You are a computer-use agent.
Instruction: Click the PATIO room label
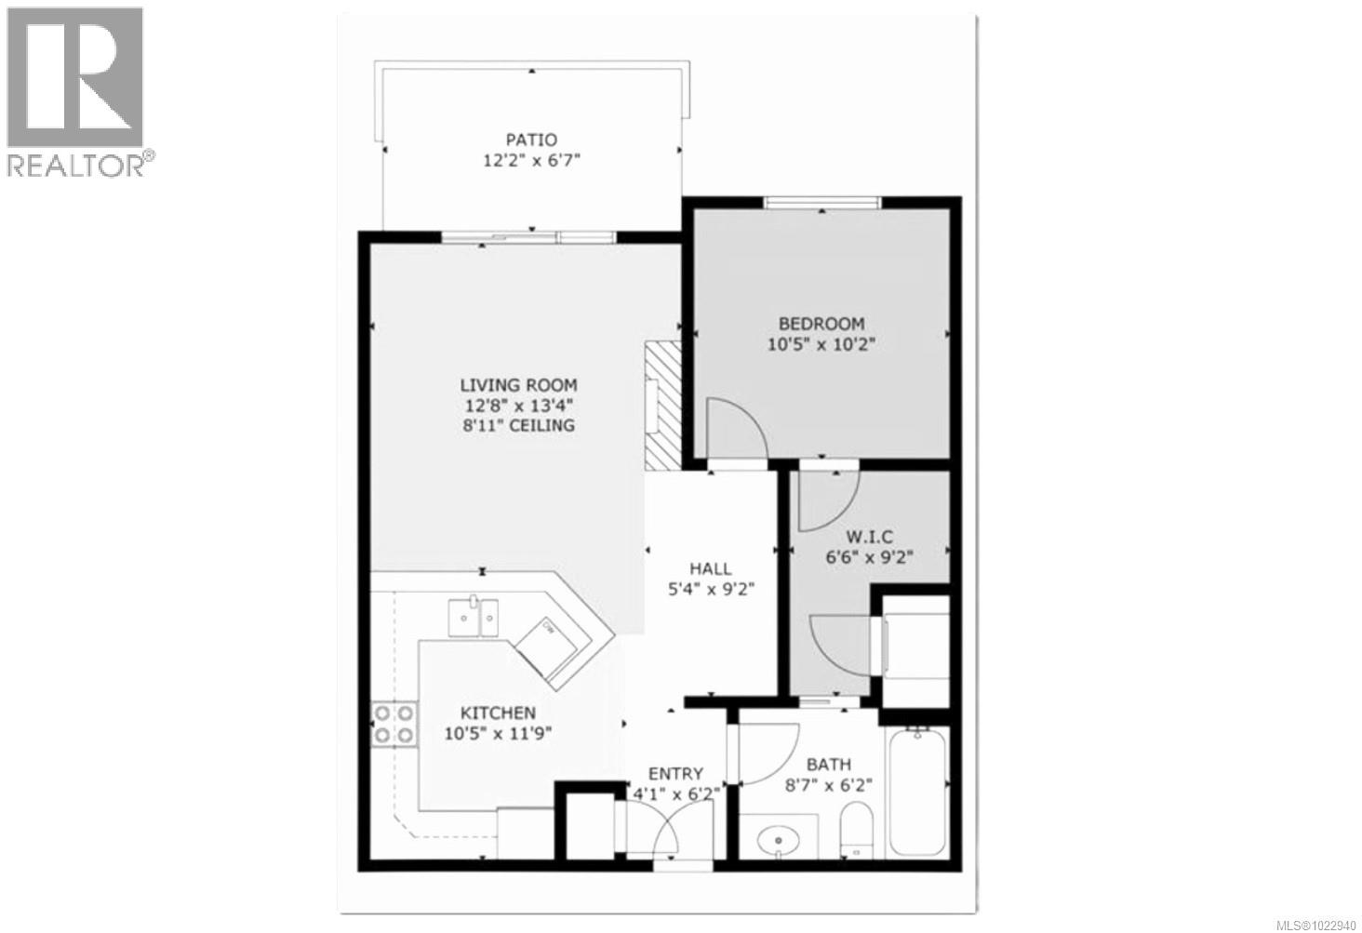531,140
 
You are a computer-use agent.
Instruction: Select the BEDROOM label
821,324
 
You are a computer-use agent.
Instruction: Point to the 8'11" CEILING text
519,425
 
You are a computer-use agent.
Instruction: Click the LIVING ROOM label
519,384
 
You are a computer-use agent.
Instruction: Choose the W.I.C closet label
869,537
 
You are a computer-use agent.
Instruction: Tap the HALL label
710,567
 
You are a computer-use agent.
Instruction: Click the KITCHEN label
498,713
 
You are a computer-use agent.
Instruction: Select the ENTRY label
675,773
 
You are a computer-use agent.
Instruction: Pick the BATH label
828,764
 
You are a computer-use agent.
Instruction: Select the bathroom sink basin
774,841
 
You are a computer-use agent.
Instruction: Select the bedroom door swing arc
735,427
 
